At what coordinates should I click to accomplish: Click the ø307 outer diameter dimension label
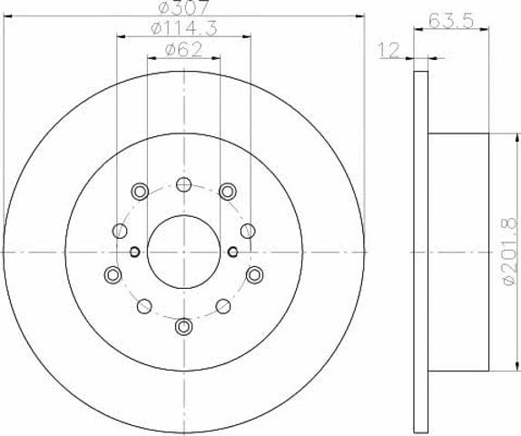click(183, 6)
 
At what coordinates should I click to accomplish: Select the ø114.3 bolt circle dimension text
click(184, 28)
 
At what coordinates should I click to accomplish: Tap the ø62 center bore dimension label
click(183, 50)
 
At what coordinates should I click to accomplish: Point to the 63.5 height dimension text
click(451, 22)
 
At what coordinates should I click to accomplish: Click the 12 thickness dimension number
click(389, 51)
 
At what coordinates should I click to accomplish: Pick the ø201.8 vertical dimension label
click(509, 252)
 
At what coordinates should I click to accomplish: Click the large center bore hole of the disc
click(183, 252)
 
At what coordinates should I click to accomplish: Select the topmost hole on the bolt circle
click(183, 184)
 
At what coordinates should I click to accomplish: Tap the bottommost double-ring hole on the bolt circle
click(183, 326)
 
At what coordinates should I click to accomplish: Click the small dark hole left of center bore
click(134, 252)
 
